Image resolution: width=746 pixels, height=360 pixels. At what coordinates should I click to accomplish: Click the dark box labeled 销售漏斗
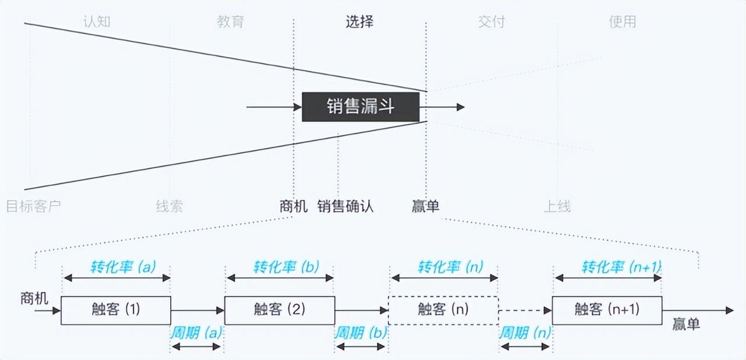tap(360, 107)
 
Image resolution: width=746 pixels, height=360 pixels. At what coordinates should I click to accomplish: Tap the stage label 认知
tap(97, 22)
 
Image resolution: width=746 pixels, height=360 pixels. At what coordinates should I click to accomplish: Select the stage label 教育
tap(230, 22)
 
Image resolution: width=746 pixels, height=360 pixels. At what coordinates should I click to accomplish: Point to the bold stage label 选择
tap(360, 22)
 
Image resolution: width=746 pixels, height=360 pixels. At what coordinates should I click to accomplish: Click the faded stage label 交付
tap(491, 22)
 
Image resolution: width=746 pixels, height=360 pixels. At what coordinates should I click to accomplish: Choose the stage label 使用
tap(622, 22)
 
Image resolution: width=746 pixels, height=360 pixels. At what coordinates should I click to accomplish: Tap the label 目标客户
tap(33, 206)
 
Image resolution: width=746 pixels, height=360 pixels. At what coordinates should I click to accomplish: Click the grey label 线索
tap(170, 206)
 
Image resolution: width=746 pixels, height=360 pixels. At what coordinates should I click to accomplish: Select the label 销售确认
tap(345, 206)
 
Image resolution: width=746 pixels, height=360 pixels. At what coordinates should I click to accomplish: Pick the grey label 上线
tap(557, 206)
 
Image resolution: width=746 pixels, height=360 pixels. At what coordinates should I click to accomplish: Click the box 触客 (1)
tap(116, 310)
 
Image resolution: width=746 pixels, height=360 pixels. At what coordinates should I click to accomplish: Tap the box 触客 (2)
tap(280, 310)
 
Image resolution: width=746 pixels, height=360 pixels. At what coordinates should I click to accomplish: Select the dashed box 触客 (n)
tap(443, 310)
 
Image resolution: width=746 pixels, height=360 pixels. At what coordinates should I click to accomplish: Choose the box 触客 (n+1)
tap(607, 310)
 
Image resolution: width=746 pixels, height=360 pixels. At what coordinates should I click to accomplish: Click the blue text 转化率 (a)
tap(123, 267)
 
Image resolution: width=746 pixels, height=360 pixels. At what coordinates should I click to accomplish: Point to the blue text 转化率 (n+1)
tap(621, 267)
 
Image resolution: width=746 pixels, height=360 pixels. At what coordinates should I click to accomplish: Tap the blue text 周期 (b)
tap(361, 333)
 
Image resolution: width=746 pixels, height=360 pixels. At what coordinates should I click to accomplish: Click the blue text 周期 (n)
tap(525, 333)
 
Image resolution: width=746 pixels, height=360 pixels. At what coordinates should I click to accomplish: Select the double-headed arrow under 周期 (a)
tap(197, 347)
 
